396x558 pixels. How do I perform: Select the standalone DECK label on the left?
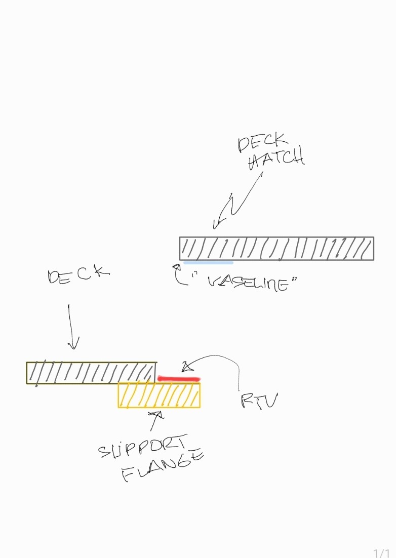(x=78, y=276)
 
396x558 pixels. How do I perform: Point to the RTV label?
(x=259, y=401)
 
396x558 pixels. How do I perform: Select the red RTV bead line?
(x=179, y=378)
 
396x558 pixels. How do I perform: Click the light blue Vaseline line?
(x=208, y=263)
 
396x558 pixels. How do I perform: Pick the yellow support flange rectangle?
(x=159, y=395)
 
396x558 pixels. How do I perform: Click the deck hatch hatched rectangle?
(x=276, y=249)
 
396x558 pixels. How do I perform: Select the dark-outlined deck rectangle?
(x=91, y=373)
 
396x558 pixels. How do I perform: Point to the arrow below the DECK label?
(x=71, y=327)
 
